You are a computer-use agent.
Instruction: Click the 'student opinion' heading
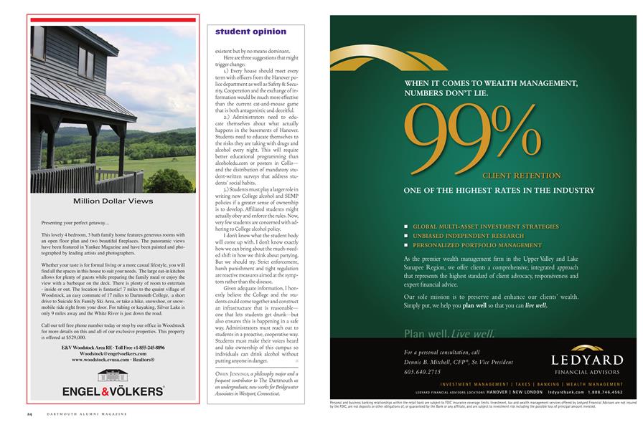[x=250, y=32]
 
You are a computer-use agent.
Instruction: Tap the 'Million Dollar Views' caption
[x=113, y=201]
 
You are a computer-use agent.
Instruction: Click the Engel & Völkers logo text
[x=113, y=391]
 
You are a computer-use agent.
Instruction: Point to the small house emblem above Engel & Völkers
[x=113, y=375]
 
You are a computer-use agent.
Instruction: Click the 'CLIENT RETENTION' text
[x=521, y=175]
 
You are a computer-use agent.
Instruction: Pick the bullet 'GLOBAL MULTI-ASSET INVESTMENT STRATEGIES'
[x=485, y=226]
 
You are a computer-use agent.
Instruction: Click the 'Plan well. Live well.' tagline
[x=449, y=333]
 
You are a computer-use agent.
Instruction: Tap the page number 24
[x=30, y=414]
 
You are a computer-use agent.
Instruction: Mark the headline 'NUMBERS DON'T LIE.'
[x=448, y=93]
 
